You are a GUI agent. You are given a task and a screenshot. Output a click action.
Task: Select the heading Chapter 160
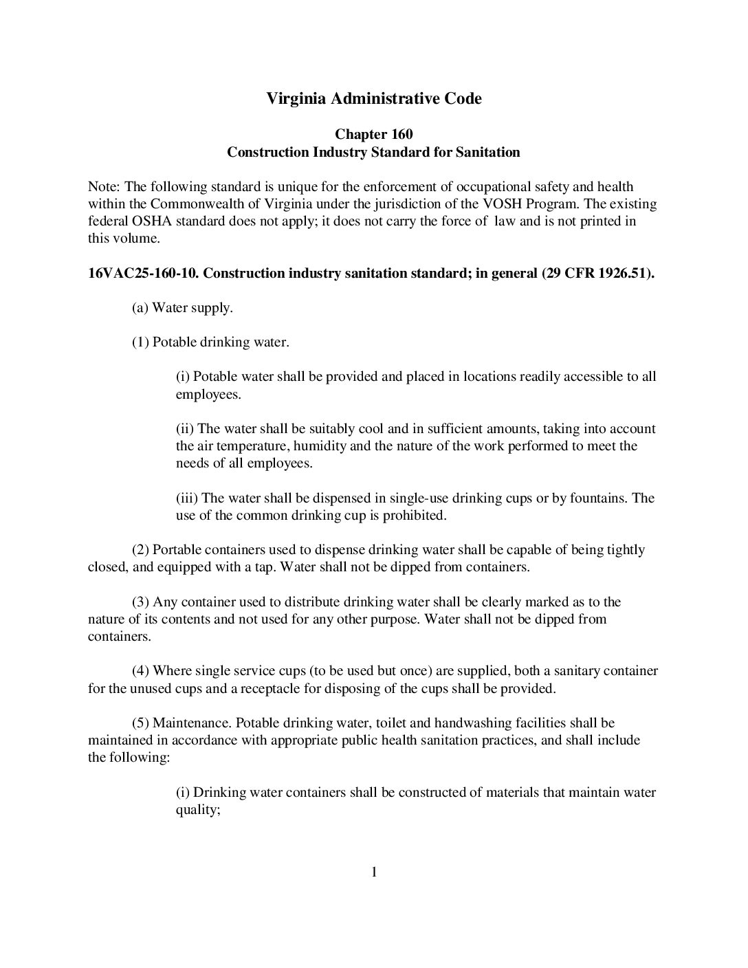tap(373, 134)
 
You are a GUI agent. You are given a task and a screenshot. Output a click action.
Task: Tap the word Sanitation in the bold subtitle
tap(487, 152)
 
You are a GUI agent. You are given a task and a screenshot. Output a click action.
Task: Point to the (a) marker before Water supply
tap(140, 308)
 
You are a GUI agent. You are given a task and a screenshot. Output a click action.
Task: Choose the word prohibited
tap(414, 515)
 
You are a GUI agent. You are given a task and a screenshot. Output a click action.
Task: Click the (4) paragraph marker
tap(140, 671)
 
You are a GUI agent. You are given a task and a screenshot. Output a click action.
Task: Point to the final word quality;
tap(198, 810)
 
